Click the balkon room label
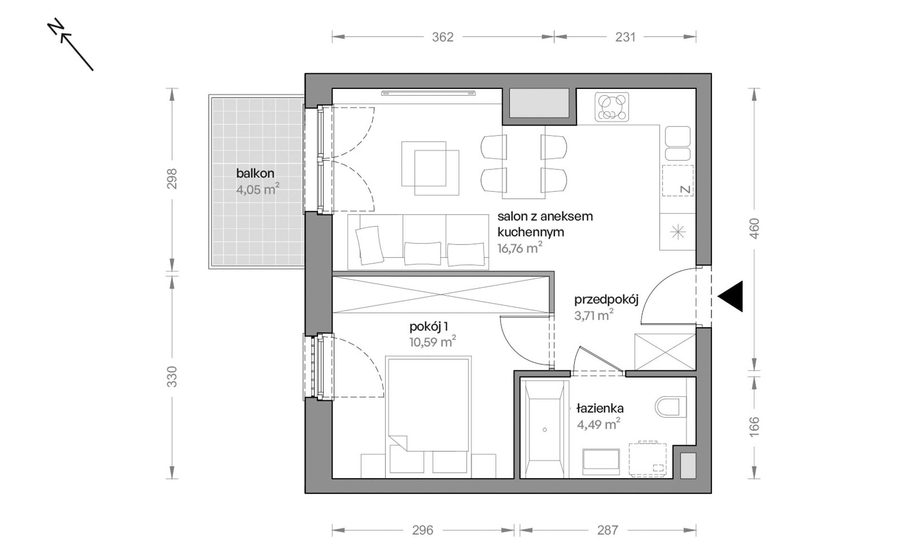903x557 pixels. point(255,174)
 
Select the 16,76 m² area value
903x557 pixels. point(520,248)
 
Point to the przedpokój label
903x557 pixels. point(606,300)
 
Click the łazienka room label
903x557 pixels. point(600,408)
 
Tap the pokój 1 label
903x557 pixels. point(429,326)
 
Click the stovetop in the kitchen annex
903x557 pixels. point(612,107)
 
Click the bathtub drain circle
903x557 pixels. point(545,430)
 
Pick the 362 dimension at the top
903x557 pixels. point(442,37)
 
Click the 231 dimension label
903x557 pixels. point(625,37)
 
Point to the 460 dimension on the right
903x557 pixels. point(754,228)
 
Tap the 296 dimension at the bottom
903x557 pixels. point(423,530)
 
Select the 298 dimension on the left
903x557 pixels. point(172,178)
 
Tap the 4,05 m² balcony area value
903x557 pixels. point(258,189)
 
